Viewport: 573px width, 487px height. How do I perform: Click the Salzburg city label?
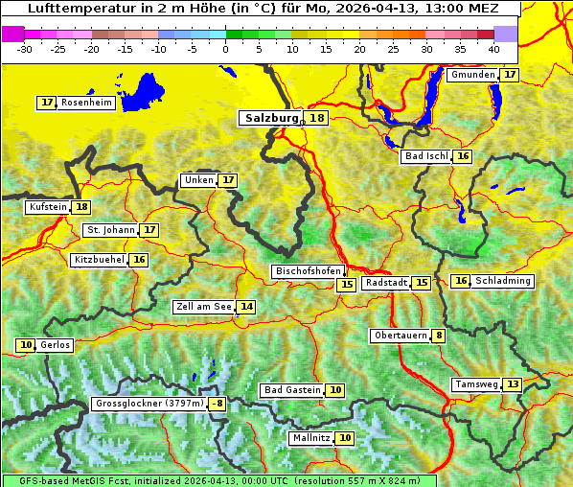tap(272, 118)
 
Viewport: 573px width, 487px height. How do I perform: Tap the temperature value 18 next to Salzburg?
tap(316, 118)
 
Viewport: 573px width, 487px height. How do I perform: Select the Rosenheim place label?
tap(86, 103)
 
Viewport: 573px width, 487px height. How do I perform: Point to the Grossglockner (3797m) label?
tap(150, 404)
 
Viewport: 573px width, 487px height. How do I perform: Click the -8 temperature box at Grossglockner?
tap(218, 404)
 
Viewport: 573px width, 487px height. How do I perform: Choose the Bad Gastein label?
tap(292, 390)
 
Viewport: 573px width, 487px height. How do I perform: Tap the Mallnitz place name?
tap(310, 438)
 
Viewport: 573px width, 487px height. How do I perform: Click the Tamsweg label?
tap(477, 384)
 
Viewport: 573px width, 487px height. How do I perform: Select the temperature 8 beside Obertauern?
tap(438, 336)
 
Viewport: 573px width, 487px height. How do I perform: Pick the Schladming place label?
tap(503, 281)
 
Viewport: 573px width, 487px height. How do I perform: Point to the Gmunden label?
tap(473, 75)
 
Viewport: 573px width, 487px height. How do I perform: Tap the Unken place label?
tap(198, 180)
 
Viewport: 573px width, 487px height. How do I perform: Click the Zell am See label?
tap(204, 307)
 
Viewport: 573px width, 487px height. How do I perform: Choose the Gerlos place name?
tap(56, 345)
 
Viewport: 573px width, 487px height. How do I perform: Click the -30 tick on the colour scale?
tap(26, 48)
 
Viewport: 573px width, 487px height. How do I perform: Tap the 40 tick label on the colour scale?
tap(493, 48)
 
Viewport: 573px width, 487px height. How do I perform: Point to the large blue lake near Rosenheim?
tap(145, 92)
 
